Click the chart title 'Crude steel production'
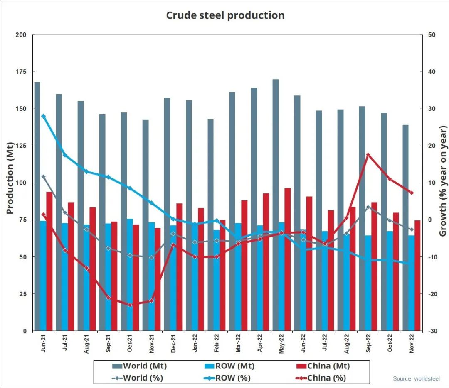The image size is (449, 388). click(225, 15)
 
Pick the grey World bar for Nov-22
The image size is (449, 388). click(405, 228)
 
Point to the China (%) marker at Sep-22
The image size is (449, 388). click(368, 155)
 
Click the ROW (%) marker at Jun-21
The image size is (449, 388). click(43, 116)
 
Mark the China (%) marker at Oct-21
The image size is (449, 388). click(130, 305)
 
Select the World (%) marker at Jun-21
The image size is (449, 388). click(43, 177)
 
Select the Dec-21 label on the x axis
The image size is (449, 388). click(173, 344)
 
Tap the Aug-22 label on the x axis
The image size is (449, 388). click(346, 344)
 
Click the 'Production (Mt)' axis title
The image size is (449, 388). click(10, 178)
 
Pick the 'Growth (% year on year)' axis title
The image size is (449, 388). click(443, 182)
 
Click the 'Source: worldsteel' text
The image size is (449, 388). click(416, 378)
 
